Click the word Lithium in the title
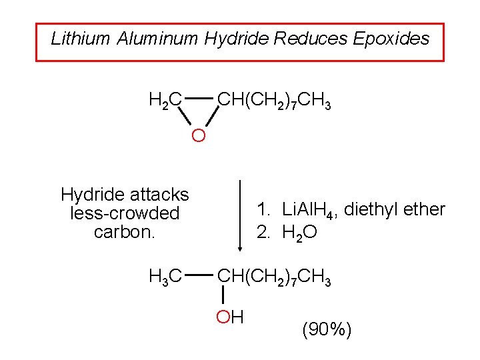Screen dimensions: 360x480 [80, 39]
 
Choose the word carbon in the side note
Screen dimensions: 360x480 [122, 233]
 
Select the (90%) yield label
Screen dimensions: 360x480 [327, 329]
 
